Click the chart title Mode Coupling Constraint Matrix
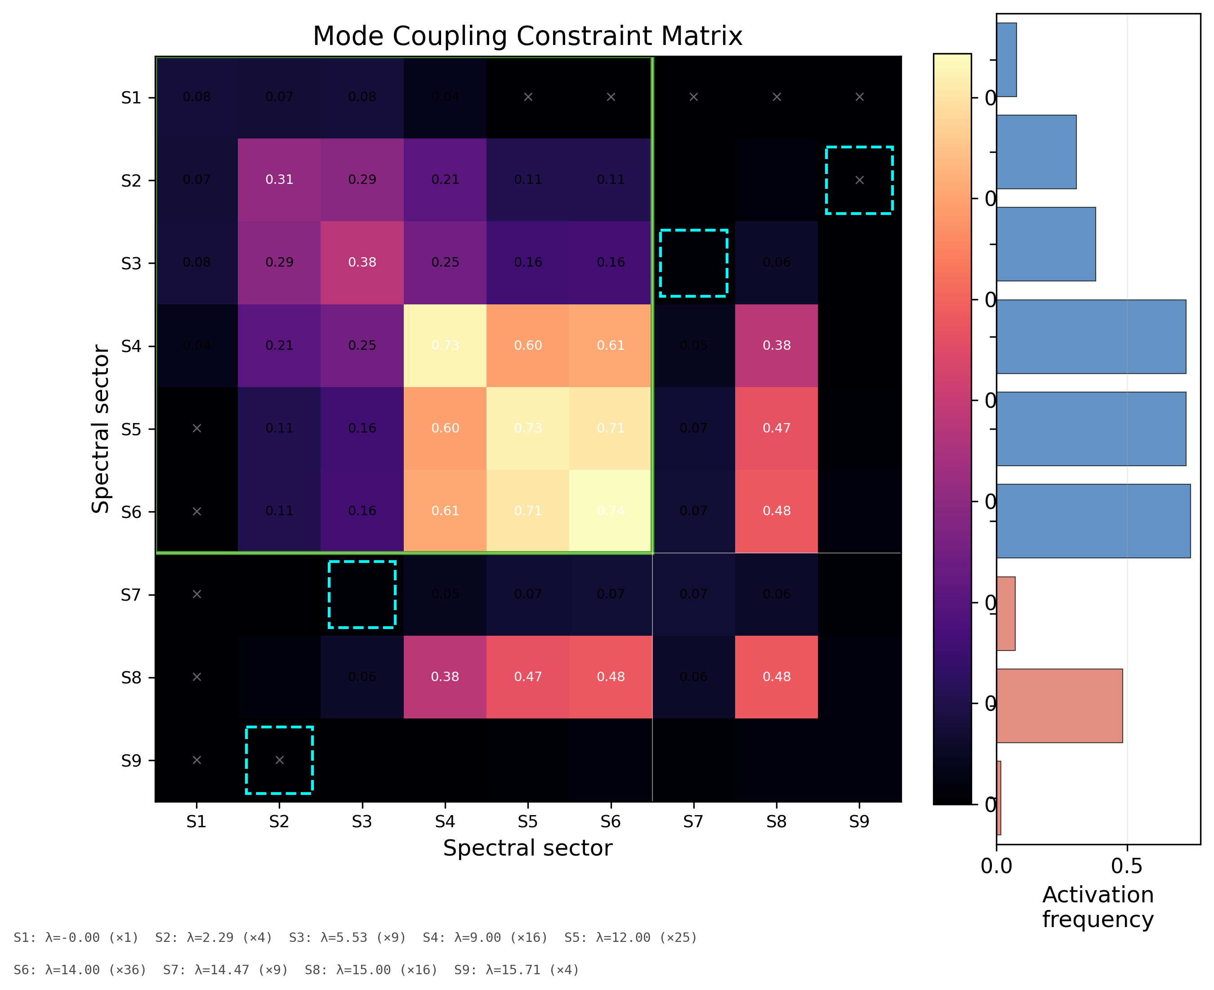tap(527, 36)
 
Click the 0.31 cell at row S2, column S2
tap(279, 180)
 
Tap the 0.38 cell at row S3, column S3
tap(362, 262)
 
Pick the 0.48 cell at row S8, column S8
tap(776, 677)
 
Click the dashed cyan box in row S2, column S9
tap(859, 180)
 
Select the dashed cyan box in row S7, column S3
tap(362, 594)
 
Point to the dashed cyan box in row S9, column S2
tap(279, 760)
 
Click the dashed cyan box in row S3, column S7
tap(693, 263)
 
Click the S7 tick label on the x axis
tap(693, 822)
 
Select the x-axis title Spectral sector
tap(527, 848)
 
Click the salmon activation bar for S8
tap(1059, 705)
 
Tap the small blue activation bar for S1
tap(1006, 60)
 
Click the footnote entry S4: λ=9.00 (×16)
tap(485, 937)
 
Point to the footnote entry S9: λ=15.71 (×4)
tap(517, 970)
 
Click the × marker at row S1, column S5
tap(528, 97)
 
